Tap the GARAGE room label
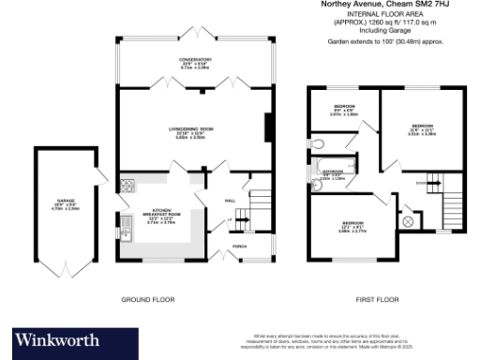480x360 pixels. pos(66,199)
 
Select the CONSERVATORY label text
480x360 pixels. pos(196,62)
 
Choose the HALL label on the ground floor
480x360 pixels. pos(230,200)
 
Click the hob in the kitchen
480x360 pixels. pos(127,184)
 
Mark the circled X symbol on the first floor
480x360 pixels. pos(409,221)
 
